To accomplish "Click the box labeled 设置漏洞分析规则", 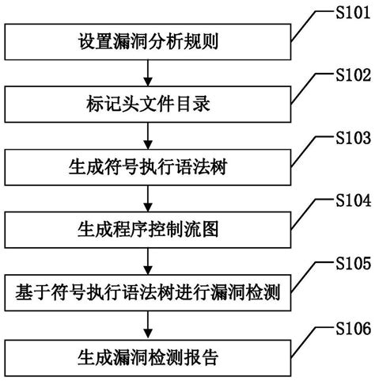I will [147, 40].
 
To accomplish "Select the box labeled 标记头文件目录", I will [147, 103].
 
